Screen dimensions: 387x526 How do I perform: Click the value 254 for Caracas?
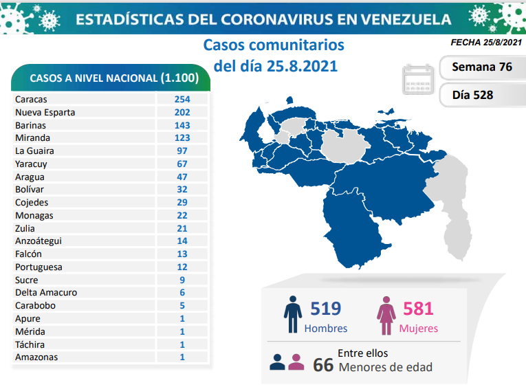[182, 99]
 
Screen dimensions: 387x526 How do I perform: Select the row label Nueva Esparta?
[45, 112]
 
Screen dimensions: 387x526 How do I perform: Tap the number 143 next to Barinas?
[182, 125]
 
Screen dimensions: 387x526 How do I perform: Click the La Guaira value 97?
[182, 151]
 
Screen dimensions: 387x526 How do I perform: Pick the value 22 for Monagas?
[182, 215]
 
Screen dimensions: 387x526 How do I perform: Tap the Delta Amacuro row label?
[46, 292]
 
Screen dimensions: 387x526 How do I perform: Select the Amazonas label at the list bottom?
[36, 357]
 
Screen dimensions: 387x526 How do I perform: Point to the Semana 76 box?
[482, 67]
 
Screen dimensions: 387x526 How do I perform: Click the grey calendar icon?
[419, 80]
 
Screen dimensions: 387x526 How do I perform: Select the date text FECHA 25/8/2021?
[485, 42]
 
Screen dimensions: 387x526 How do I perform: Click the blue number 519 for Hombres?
[325, 309]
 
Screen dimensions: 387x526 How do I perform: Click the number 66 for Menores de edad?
[322, 364]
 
